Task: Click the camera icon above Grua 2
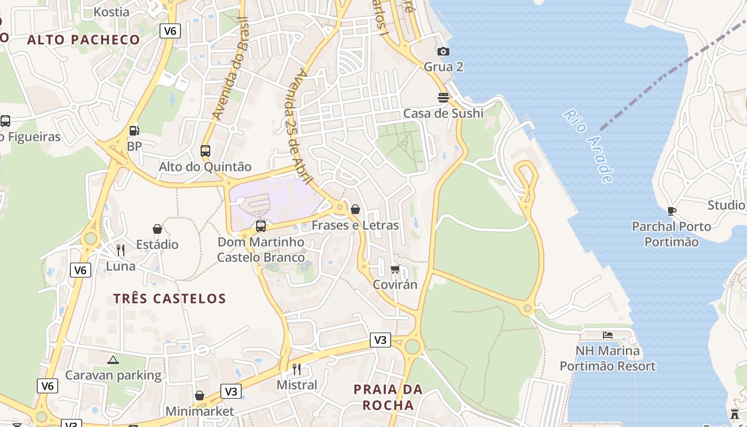443,52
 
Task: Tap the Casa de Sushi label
443,113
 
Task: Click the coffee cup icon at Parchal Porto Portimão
671,211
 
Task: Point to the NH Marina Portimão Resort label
607,359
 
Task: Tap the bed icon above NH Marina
607,335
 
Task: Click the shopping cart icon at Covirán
395,269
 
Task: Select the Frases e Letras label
355,225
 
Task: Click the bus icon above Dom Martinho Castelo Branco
260,226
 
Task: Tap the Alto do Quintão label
205,167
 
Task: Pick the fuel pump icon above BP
134,130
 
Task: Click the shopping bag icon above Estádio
157,229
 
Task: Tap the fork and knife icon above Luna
121,250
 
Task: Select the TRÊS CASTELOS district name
170,298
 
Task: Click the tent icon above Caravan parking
113,360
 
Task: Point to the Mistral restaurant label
297,385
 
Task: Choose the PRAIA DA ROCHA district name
388,397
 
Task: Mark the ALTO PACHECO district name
83,39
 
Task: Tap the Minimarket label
200,412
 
